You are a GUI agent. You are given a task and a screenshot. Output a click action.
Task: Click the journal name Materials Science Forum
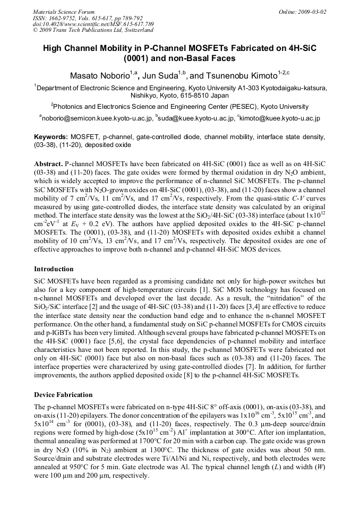click(x=64, y=11)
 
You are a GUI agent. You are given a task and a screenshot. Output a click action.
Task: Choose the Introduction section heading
click(x=54, y=269)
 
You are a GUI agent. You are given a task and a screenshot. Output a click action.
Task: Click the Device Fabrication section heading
click(x=63, y=395)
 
